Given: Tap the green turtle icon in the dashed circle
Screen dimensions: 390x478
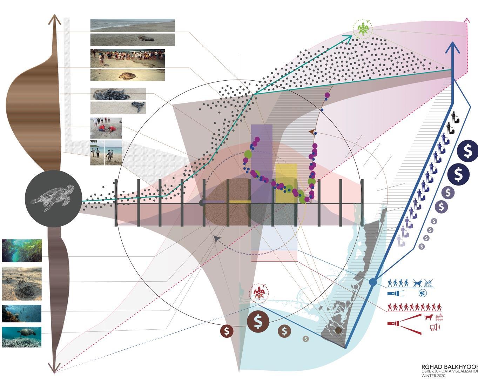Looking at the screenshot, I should click(363, 29).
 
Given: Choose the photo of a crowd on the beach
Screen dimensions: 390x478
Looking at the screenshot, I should click(128, 58).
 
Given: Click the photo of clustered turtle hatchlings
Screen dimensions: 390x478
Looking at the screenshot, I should click(118, 94).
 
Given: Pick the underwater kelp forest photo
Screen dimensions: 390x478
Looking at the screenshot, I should click(22, 250).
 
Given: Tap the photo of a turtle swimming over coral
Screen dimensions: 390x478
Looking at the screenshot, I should click(22, 337).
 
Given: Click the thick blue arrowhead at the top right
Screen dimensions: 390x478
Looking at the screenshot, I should click(453, 47).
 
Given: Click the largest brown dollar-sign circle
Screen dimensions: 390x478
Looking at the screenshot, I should click(258, 321).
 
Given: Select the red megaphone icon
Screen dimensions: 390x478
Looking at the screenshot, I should click(434, 327).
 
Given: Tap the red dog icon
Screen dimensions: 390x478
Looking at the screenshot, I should click(427, 317).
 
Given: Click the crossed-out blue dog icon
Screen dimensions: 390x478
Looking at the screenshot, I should click(417, 283).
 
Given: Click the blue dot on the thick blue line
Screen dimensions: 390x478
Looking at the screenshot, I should click(373, 282).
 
